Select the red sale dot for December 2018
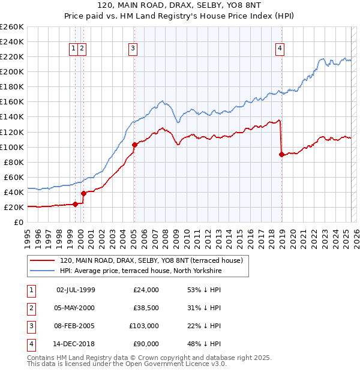tap(281, 154)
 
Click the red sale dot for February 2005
tap(134, 144)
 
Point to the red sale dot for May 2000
tap(84, 193)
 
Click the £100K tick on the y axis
tap(12, 147)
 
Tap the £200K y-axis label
tap(12, 71)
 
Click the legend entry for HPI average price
tap(140, 271)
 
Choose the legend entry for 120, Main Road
tap(151, 260)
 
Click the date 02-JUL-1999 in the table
tap(76, 290)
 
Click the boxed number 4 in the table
tap(31, 344)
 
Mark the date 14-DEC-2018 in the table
tap(76, 344)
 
